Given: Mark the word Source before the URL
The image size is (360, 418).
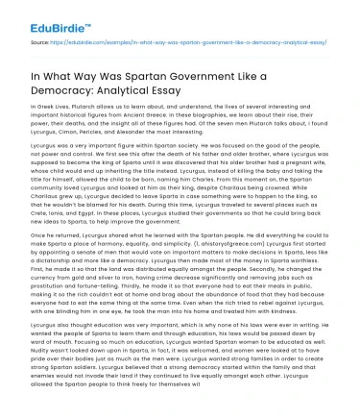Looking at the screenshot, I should pos(18,44).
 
